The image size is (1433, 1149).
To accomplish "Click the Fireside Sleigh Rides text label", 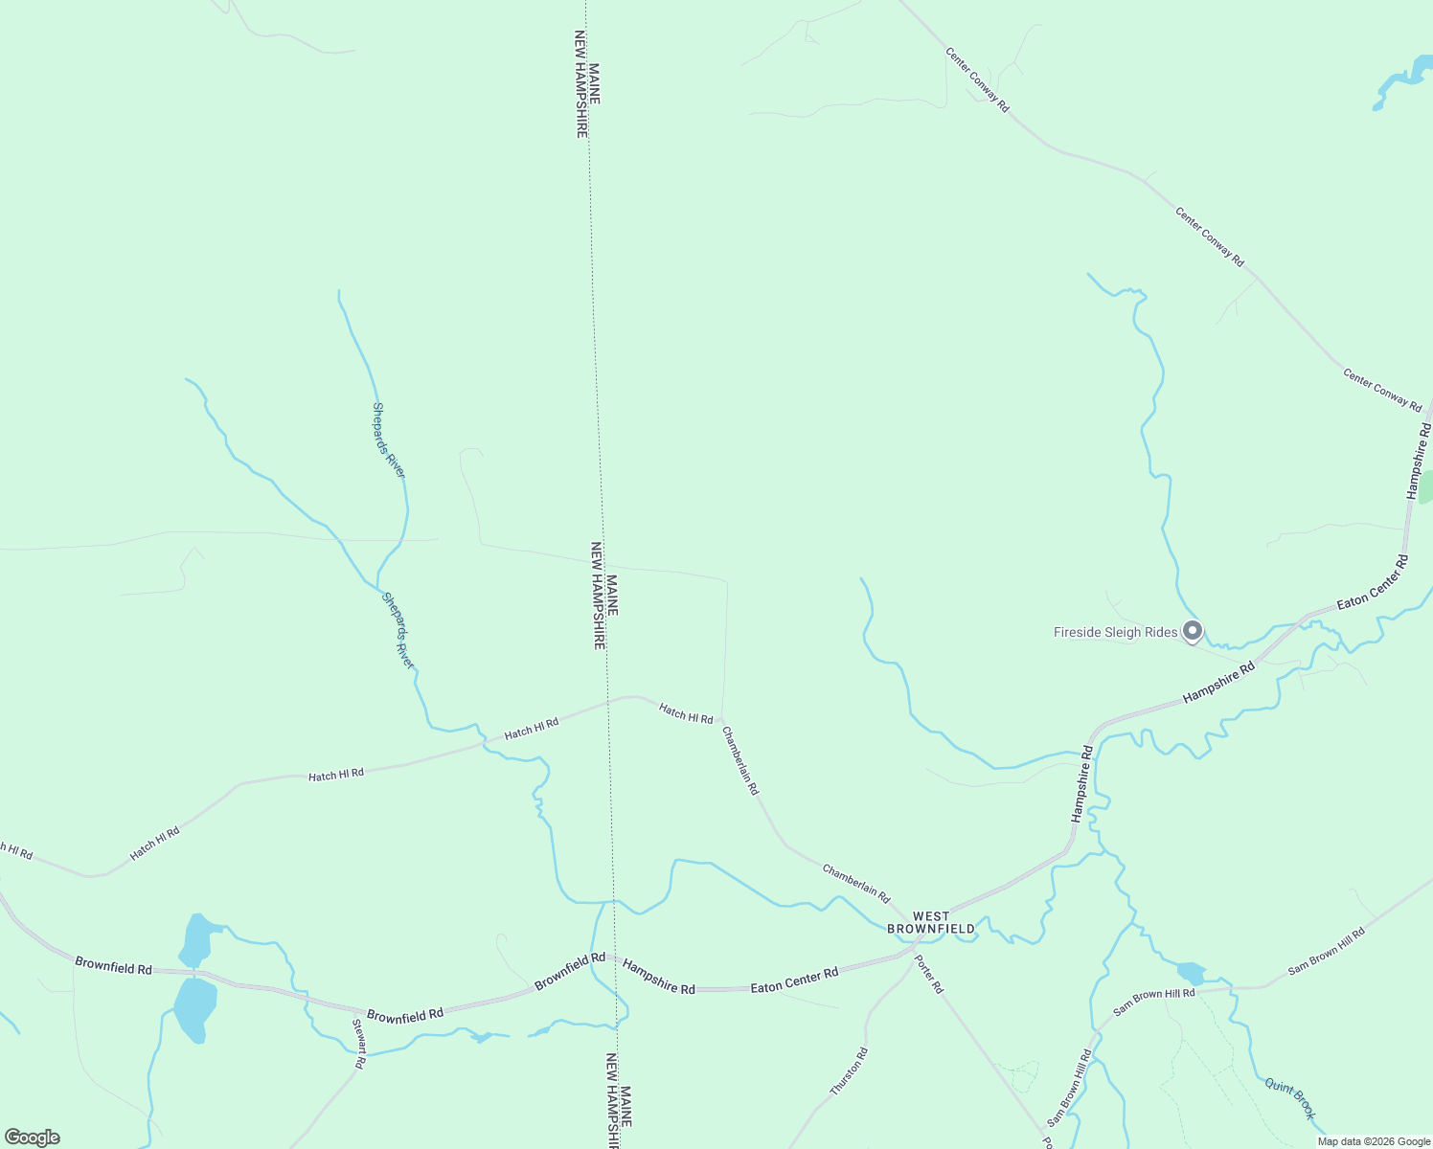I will tap(1115, 632).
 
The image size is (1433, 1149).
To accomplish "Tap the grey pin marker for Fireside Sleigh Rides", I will tap(1193, 631).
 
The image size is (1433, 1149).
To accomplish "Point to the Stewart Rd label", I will tap(359, 1044).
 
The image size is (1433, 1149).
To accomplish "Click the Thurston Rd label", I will tap(849, 1071).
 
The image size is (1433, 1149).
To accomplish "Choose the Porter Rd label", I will tap(929, 974).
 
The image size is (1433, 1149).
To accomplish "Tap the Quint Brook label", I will tap(1289, 1098).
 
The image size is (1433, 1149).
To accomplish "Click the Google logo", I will tap(32, 1138).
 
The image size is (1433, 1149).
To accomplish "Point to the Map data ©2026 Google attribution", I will tap(1373, 1141).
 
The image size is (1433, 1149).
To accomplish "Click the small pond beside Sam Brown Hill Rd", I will tap(1191, 973).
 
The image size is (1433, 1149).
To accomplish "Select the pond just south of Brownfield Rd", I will tap(194, 1009).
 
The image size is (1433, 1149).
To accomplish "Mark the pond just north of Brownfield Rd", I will tap(196, 938).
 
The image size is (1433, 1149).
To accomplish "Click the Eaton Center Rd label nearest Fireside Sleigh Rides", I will tap(1373, 582).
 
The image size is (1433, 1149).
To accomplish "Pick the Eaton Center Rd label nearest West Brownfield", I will tap(794, 980).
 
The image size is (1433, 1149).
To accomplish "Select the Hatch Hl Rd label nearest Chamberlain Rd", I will tap(686, 712).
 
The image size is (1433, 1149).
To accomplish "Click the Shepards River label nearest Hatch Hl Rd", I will tap(398, 630).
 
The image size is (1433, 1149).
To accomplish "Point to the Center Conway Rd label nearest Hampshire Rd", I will tap(1382, 390).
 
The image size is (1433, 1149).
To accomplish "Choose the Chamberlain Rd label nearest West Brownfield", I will tap(856, 883).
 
